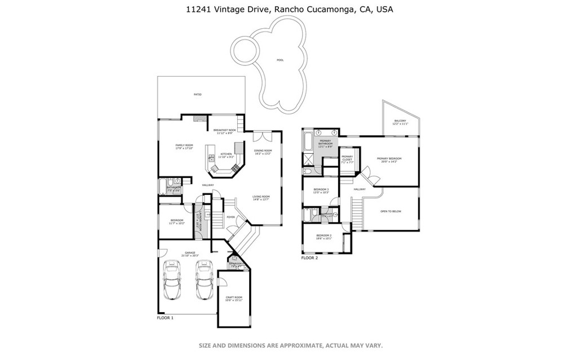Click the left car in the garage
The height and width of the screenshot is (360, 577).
[x=171, y=280]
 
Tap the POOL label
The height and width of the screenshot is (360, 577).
[x=280, y=60]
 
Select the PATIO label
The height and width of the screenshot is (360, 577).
[x=198, y=94]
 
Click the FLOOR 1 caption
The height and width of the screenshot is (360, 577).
[x=165, y=318]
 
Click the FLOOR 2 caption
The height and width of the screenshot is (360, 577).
[x=309, y=257]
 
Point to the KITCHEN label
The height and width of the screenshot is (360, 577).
[x=226, y=155]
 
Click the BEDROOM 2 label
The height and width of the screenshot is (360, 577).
[x=323, y=236]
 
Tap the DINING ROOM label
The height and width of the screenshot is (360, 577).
[x=263, y=152]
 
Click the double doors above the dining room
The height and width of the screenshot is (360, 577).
[x=262, y=136]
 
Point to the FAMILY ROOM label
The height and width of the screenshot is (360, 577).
[x=184, y=146]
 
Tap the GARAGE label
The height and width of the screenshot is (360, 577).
[x=190, y=254]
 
